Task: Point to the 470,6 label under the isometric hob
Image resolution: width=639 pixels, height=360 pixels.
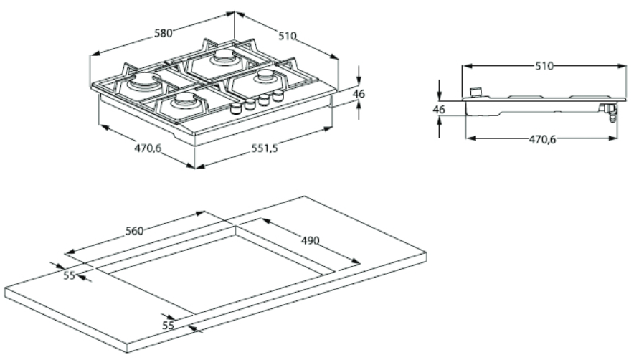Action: tap(148, 148)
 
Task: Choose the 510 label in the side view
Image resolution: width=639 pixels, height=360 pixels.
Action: tap(544, 66)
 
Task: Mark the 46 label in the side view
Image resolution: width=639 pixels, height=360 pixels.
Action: tap(440, 110)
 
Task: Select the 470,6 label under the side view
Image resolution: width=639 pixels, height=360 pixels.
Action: tap(543, 139)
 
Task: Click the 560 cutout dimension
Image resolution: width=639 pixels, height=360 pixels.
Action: tap(134, 230)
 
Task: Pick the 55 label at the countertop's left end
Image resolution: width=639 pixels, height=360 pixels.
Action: tap(69, 275)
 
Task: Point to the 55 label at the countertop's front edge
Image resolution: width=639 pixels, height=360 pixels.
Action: tap(169, 325)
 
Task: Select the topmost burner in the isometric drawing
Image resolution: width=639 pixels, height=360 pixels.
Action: tap(223, 57)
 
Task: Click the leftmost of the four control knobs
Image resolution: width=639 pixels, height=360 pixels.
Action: tap(235, 109)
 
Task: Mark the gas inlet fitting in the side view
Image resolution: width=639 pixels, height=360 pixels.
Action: tap(610, 112)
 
